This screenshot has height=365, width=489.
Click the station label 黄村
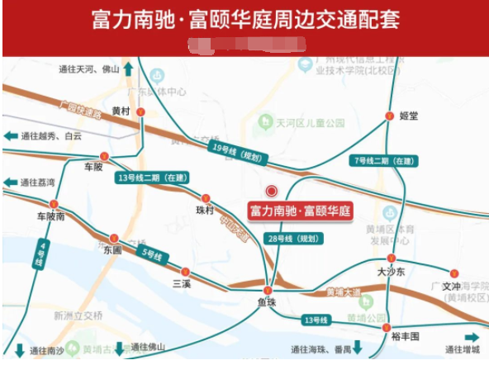click(x=121, y=111)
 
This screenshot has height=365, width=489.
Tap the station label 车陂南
click(x=50, y=216)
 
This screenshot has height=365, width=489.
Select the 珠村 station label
click(x=204, y=211)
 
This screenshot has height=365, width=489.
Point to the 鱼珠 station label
click(x=266, y=303)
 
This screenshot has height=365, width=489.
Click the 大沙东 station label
click(x=391, y=271)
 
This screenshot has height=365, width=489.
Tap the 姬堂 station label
click(x=408, y=116)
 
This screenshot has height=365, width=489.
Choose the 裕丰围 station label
click(x=406, y=336)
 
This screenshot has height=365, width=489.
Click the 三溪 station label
click(x=181, y=283)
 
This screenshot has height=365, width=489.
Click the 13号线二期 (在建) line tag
click(x=153, y=178)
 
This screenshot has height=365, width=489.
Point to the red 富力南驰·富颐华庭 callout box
click(x=301, y=211)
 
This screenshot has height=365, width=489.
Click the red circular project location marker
click(x=271, y=190)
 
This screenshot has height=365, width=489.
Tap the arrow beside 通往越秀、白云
click(x=11, y=136)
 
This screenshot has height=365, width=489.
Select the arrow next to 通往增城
click(x=472, y=337)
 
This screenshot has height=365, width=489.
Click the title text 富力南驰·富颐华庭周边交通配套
click(x=244, y=19)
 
